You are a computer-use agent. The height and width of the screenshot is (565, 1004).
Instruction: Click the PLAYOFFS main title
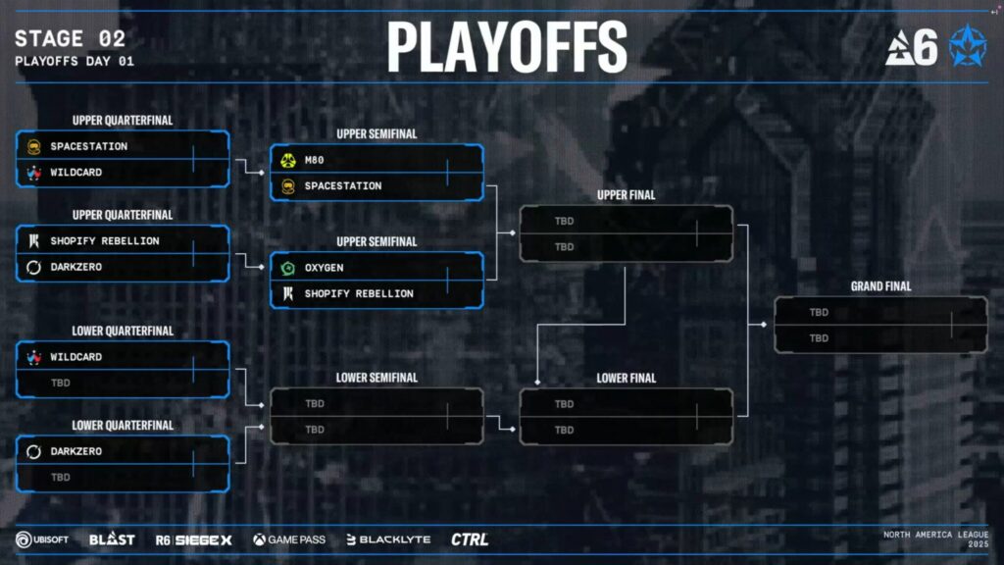[x=507, y=46]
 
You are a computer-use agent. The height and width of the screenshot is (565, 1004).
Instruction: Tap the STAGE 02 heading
[x=70, y=39]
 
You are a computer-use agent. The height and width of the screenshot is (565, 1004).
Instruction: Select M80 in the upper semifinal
[x=314, y=160]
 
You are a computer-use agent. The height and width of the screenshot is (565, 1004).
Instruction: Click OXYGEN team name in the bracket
[x=324, y=268]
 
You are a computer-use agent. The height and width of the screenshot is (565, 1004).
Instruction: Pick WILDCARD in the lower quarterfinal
[x=75, y=357]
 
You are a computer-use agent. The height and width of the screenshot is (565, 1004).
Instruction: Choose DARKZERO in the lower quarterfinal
[x=75, y=451]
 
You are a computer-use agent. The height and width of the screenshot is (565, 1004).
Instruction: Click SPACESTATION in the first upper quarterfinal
[x=88, y=146]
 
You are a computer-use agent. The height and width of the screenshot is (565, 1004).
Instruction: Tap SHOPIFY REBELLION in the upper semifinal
[x=358, y=293]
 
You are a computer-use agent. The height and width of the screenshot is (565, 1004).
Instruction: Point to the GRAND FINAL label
[x=880, y=286]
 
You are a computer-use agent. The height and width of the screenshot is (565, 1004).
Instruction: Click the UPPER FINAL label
[x=626, y=195]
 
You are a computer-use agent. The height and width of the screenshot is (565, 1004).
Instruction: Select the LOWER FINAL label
[x=626, y=378]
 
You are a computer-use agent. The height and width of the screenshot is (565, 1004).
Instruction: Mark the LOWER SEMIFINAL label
[x=376, y=378]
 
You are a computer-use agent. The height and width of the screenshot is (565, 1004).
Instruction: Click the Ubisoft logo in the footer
[x=41, y=539]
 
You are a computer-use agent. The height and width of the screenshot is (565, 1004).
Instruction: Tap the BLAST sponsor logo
[x=112, y=539]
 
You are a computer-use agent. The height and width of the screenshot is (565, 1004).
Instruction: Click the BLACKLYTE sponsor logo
[x=388, y=539]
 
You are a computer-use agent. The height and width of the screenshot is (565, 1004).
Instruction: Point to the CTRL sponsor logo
[x=470, y=539]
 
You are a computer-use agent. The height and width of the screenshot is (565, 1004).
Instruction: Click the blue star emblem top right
[x=968, y=46]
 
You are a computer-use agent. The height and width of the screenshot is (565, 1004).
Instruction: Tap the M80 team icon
[x=288, y=160]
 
